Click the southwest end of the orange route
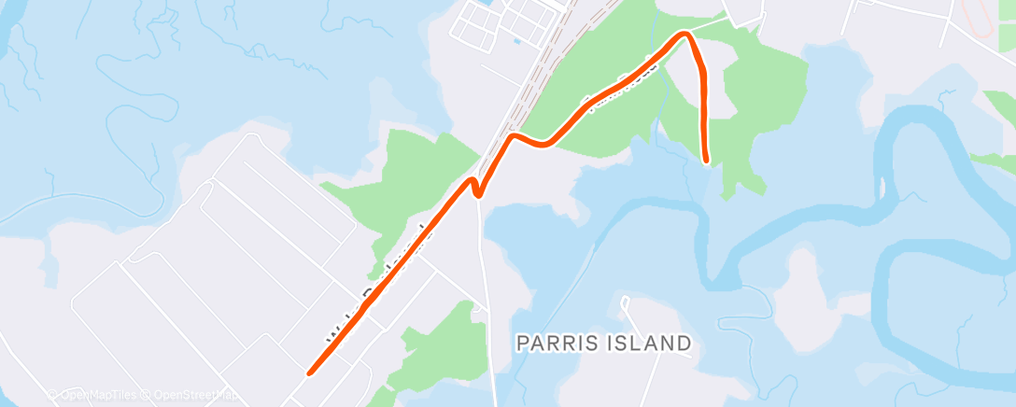(x=309, y=373)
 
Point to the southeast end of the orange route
(x=706, y=160)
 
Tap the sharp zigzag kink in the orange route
(x=476, y=187)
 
